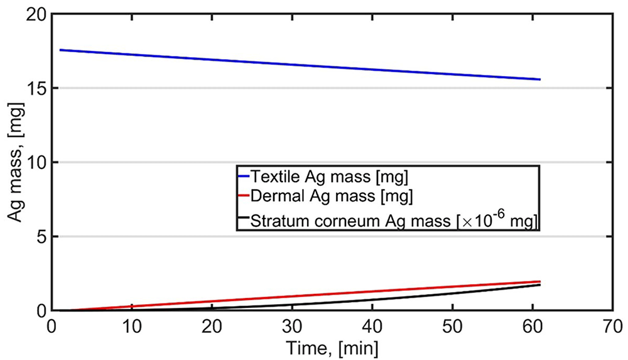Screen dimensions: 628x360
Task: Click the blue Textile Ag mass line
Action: coord(300,65)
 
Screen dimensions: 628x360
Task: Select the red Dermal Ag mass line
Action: coord(300,295)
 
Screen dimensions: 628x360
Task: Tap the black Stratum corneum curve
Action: coord(300,304)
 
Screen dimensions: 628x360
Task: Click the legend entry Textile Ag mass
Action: coord(329,177)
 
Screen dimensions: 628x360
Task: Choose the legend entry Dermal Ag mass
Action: coord(331,196)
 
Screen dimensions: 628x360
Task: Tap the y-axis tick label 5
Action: coord(41,236)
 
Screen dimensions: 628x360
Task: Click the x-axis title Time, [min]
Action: coord(332,347)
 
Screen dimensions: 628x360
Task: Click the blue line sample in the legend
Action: coord(244,177)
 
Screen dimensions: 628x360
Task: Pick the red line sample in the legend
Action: coord(244,196)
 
